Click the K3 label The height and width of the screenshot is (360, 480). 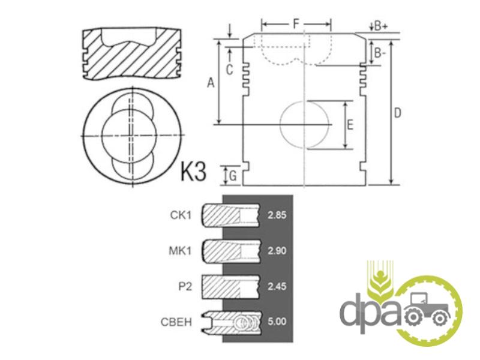pyautogui.click(x=193, y=172)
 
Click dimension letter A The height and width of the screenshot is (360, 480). pyautogui.click(x=211, y=83)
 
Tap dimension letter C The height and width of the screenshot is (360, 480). pyautogui.click(x=229, y=70)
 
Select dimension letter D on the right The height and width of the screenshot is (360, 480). pyautogui.click(x=397, y=113)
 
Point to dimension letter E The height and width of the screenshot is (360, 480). pyautogui.click(x=350, y=125)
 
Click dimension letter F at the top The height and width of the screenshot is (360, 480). pyautogui.click(x=296, y=23)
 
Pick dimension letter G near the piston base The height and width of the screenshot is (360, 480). pyautogui.click(x=233, y=176)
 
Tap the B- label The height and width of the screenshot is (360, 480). pyautogui.click(x=380, y=53)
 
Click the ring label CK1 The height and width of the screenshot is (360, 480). pyautogui.click(x=181, y=215)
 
